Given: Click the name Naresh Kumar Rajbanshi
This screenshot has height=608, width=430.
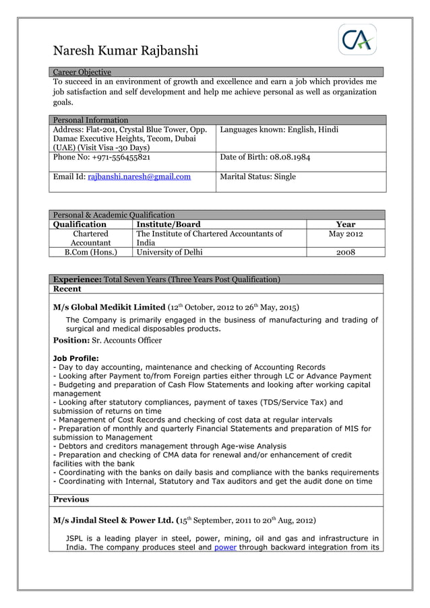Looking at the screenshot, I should tap(125, 50).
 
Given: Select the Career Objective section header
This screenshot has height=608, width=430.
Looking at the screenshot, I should tap(82, 72).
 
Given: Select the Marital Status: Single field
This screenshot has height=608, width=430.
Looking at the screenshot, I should tap(257, 177).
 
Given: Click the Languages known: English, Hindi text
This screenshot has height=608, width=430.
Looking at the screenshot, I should tap(279, 129).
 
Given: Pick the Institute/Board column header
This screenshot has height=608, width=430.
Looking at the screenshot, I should tap(168, 224).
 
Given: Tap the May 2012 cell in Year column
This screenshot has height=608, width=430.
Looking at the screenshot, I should tap(345, 234).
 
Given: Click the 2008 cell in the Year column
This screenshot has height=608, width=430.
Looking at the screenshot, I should tap(345, 252).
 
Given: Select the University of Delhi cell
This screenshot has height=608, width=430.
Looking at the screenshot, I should tap(169, 252).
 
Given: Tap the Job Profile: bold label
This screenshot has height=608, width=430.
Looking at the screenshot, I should tap(75, 358).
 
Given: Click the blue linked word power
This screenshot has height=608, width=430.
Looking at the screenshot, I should tap(226, 547).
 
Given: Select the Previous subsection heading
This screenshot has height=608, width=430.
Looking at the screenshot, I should tap(71, 500).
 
